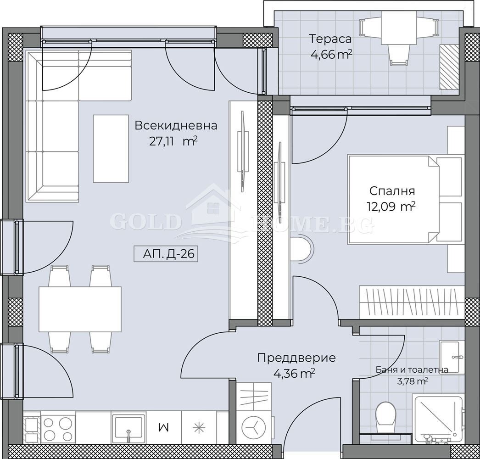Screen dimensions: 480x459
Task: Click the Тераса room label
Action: (x=329, y=39)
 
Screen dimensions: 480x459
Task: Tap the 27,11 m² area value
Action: (x=173, y=141)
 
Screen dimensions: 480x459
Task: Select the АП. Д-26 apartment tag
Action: (x=166, y=254)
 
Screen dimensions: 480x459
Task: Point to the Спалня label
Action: (x=392, y=191)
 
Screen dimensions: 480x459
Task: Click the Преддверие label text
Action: (x=296, y=358)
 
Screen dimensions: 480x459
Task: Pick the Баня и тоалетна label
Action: (x=412, y=369)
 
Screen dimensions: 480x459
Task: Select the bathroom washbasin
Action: (x=452, y=357)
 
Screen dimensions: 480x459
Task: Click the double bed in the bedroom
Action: (x=404, y=200)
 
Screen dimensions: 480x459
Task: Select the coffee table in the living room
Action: (x=111, y=149)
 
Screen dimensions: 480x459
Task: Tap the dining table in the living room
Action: (x=80, y=309)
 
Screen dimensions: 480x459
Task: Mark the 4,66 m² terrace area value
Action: (x=331, y=55)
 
